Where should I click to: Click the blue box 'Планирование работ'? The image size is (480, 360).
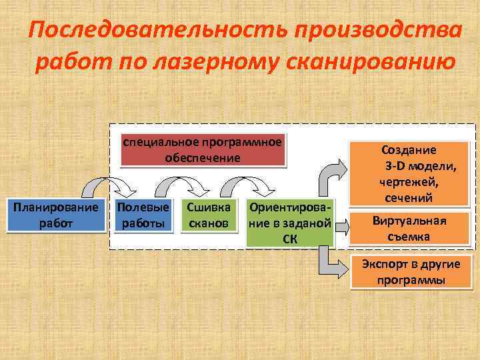coord(57,215)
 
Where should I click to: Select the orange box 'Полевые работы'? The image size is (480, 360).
coord(141,215)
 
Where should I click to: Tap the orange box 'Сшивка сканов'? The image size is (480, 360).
coord(209,215)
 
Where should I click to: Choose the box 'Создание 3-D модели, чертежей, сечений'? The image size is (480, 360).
coord(409,173)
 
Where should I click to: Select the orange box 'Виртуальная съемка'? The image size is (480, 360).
coord(409,229)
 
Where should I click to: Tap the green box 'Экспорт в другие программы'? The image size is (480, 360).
coord(411,271)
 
